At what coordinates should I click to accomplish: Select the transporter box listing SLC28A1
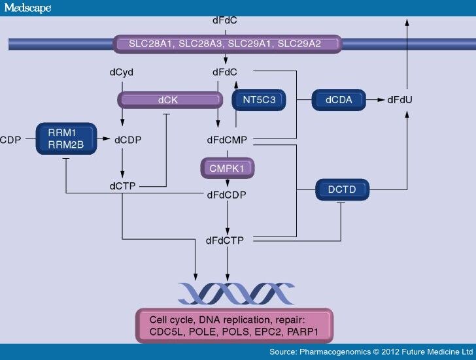click(x=226, y=44)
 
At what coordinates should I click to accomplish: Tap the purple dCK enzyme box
click(x=169, y=101)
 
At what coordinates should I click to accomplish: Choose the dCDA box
click(x=339, y=101)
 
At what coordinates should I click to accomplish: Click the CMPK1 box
click(x=226, y=169)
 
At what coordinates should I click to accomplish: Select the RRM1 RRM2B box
click(x=65, y=139)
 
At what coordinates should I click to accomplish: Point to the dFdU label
click(x=399, y=101)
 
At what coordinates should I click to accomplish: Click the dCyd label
click(x=122, y=71)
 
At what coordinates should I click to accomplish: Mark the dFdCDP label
click(x=226, y=195)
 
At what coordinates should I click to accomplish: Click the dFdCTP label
click(x=224, y=240)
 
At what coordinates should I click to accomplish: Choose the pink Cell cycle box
click(x=234, y=325)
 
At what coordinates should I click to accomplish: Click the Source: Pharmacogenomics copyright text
click(x=370, y=352)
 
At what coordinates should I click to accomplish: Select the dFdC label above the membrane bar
click(x=226, y=21)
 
